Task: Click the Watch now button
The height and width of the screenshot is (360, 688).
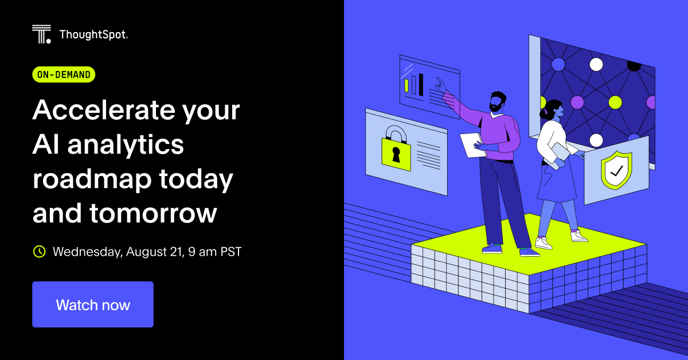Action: (x=93, y=304)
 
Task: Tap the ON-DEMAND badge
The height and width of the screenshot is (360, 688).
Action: (x=64, y=75)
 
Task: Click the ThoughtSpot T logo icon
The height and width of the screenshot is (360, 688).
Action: (x=42, y=34)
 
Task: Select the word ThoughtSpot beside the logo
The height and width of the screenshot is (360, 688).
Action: (x=93, y=36)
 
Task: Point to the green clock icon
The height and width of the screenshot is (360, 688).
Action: (x=39, y=251)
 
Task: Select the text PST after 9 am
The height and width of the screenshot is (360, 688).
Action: (x=230, y=252)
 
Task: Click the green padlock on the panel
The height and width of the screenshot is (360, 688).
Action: (x=396, y=150)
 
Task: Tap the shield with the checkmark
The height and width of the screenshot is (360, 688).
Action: (x=616, y=170)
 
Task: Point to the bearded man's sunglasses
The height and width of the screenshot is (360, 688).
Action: (x=496, y=103)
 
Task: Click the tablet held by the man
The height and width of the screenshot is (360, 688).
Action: (x=472, y=144)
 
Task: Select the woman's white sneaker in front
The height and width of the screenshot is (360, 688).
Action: (x=543, y=242)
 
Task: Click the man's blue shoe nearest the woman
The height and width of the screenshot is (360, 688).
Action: (x=529, y=252)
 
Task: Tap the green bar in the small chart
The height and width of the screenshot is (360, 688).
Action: (x=406, y=85)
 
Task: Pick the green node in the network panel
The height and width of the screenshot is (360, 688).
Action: (x=615, y=103)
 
